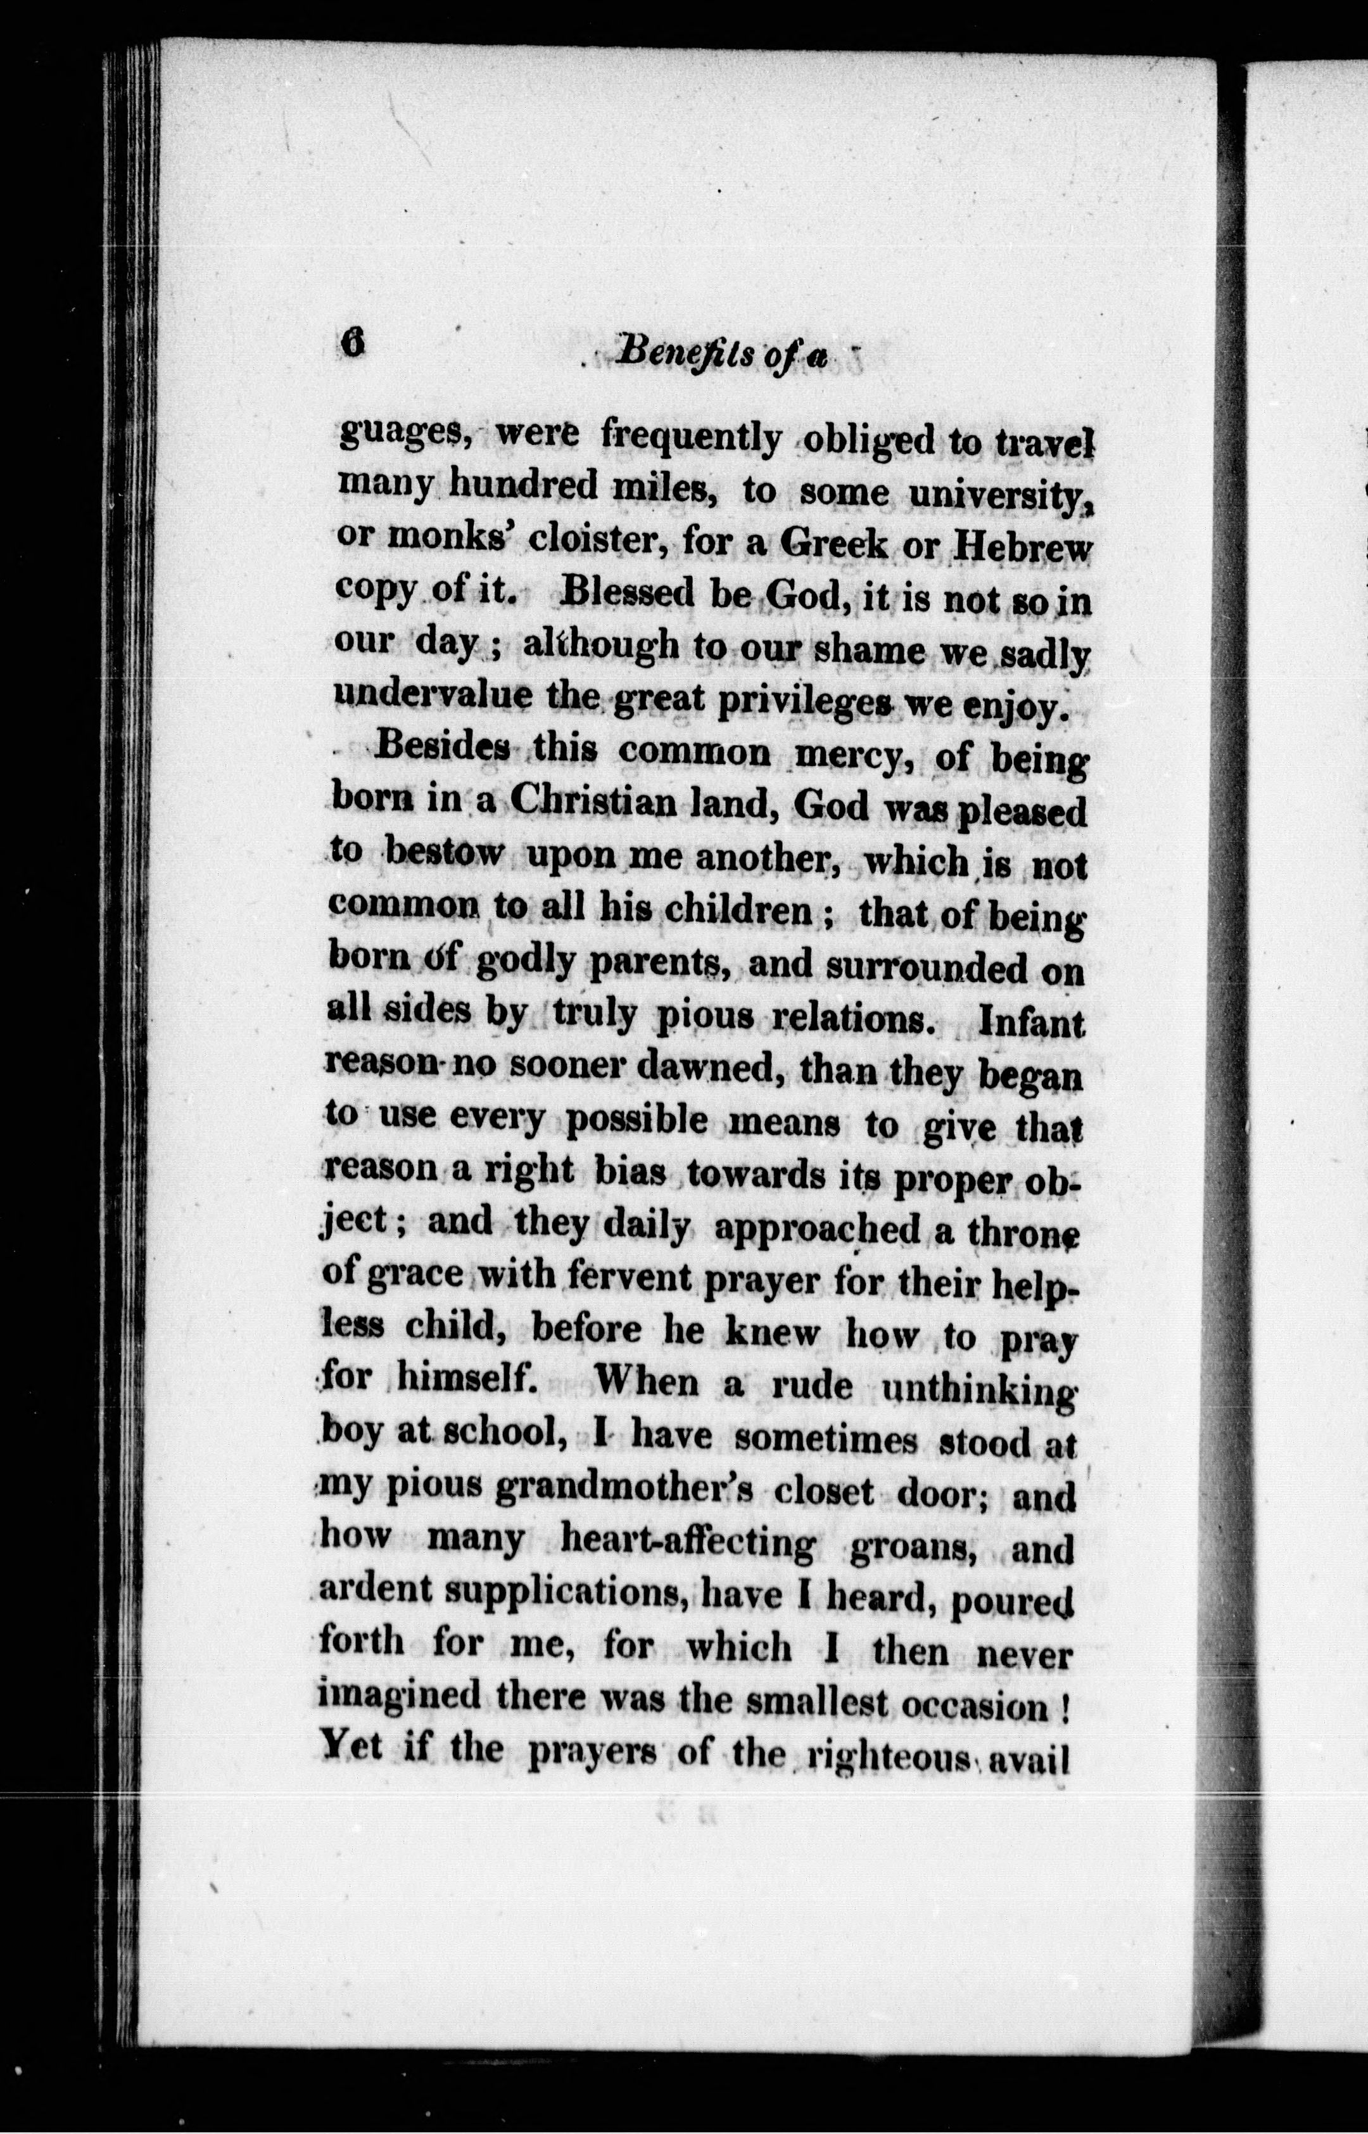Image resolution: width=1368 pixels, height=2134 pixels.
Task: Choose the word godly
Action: point(526,966)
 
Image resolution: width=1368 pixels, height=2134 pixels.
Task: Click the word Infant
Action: point(1030,1025)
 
